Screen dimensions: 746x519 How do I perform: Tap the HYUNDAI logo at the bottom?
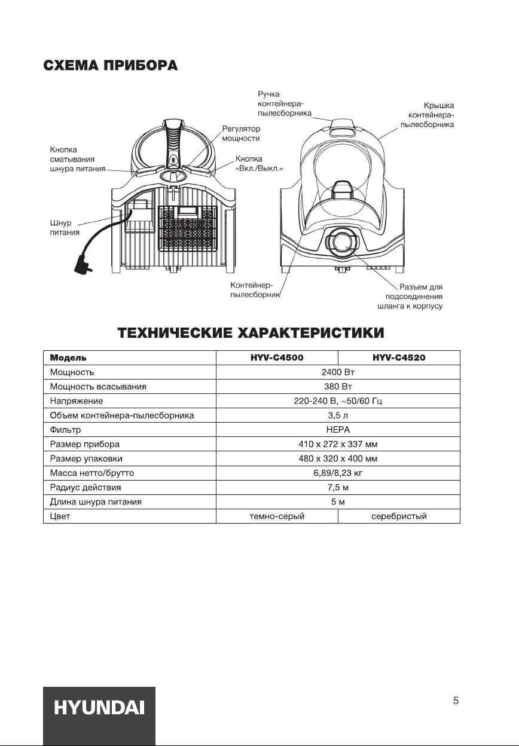tap(99, 708)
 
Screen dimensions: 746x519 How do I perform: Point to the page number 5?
tap(456, 701)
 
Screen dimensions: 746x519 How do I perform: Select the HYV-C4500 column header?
tap(277, 358)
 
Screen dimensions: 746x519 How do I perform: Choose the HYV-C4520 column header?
tap(399, 358)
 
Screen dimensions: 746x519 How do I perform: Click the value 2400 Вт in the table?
tap(338, 372)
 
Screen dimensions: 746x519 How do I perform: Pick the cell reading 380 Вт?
tap(338, 387)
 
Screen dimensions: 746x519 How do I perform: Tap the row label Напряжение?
tap(77, 401)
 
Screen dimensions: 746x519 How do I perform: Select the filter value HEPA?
tap(338, 430)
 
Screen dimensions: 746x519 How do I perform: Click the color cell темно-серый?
tap(277, 516)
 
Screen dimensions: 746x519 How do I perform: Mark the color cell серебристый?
tap(399, 516)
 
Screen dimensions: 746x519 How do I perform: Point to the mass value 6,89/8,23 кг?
tap(338, 473)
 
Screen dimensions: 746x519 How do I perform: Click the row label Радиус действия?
tap(85, 487)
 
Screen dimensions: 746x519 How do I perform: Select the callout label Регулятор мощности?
tap(241, 133)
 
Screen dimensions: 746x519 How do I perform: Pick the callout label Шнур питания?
tap(64, 227)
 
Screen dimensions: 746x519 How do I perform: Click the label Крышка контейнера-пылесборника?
tap(430, 115)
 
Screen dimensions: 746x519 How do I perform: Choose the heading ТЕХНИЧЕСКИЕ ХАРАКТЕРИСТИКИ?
tap(251, 332)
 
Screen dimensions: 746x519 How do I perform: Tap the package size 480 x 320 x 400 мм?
tap(338, 458)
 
